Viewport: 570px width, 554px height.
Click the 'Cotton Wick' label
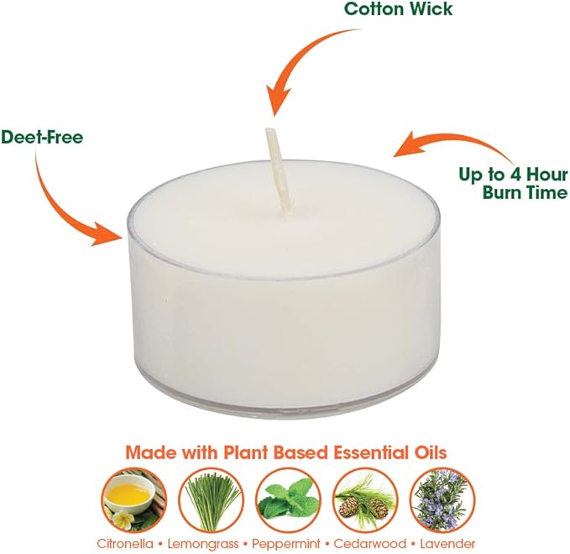399,8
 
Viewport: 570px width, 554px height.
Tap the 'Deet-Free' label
42,138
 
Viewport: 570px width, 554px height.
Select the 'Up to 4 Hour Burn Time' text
514,184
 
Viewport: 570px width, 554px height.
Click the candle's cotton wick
277,171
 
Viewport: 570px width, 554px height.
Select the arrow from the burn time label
458,140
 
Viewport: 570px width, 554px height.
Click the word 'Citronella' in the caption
125,544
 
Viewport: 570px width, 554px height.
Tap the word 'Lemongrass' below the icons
203,545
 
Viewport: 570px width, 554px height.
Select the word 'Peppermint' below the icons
286,545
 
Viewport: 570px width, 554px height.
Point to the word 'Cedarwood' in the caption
369,544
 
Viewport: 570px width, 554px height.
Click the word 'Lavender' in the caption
447,544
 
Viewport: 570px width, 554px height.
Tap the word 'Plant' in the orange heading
245,452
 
